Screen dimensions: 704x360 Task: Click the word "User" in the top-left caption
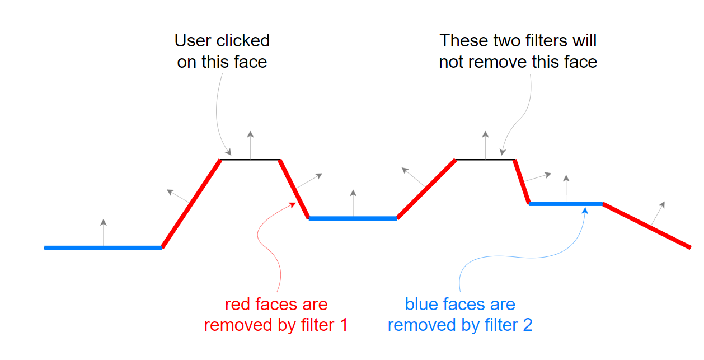(x=193, y=40)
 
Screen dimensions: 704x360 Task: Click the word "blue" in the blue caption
(x=419, y=305)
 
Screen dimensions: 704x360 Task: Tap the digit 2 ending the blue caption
(x=528, y=325)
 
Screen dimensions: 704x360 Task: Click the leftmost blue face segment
(x=103, y=248)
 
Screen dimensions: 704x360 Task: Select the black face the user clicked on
(x=250, y=160)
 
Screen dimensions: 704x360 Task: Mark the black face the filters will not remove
(x=485, y=160)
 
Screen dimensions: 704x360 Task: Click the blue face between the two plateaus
(x=353, y=218)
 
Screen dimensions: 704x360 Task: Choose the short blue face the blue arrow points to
(x=566, y=204)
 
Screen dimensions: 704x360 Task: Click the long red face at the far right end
(x=647, y=226)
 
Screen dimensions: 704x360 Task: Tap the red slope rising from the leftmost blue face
(x=191, y=204)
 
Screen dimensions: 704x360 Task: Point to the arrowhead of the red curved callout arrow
(x=293, y=205)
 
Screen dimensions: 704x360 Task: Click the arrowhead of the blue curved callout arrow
(x=585, y=211)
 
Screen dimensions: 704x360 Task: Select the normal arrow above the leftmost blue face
(x=104, y=232)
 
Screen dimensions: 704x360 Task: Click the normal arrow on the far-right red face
(x=658, y=213)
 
